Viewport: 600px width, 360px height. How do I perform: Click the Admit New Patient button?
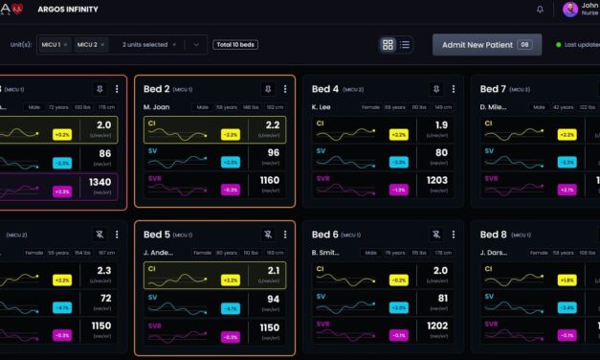pyautogui.click(x=486, y=45)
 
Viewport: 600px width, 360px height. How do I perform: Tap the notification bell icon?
pyautogui.click(x=540, y=10)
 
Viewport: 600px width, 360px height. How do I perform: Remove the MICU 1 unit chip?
pyautogui.click(x=66, y=45)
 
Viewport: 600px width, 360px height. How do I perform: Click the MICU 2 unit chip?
pyautogui.click(x=86, y=45)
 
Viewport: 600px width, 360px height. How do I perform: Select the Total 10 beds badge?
pyautogui.click(x=235, y=45)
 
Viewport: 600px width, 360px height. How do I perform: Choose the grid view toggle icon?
pyautogui.click(x=388, y=45)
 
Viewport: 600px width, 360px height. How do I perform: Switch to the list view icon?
pyautogui.click(x=405, y=45)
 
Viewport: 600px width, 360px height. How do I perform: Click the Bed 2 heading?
pyautogui.click(x=157, y=89)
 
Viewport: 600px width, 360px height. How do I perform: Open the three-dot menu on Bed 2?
pyautogui.click(x=284, y=89)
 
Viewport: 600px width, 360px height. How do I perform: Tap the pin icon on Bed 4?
pyautogui.click(x=435, y=89)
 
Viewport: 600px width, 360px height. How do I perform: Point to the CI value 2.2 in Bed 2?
pyautogui.click(x=273, y=125)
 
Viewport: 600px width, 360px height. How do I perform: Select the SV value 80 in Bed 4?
pyautogui.click(x=440, y=152)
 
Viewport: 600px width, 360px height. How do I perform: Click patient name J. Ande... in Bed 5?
pyautogui.click(x=162, y=253)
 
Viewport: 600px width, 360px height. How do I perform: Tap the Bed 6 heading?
pyautogui.click(x=325, y=235)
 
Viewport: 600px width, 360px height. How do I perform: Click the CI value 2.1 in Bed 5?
pyautogui.click(x=273, y=271)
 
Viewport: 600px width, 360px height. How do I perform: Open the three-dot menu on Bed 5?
pyautogui.click(x=284, y=235)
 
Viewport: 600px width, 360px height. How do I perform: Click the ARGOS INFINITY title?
pyautogui.click(x=66, y=10)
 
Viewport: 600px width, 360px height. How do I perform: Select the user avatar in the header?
pyautogui.click(x=570, y=10)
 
